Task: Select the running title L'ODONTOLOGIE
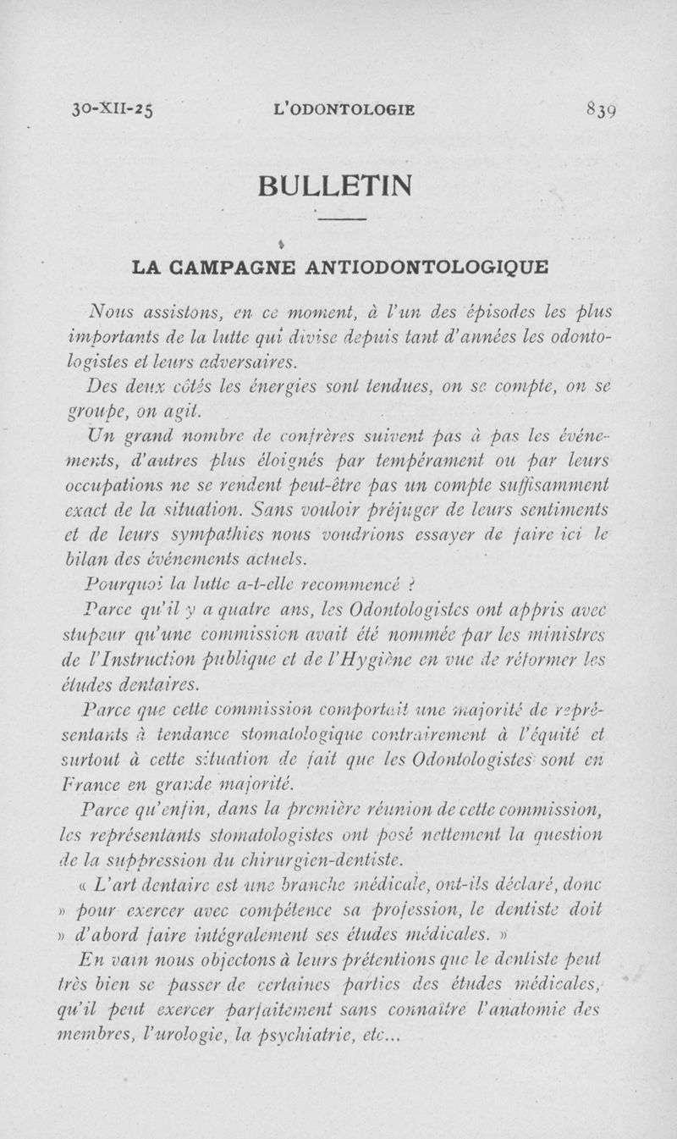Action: point(345,109)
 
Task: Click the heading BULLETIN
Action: point(342,184)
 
